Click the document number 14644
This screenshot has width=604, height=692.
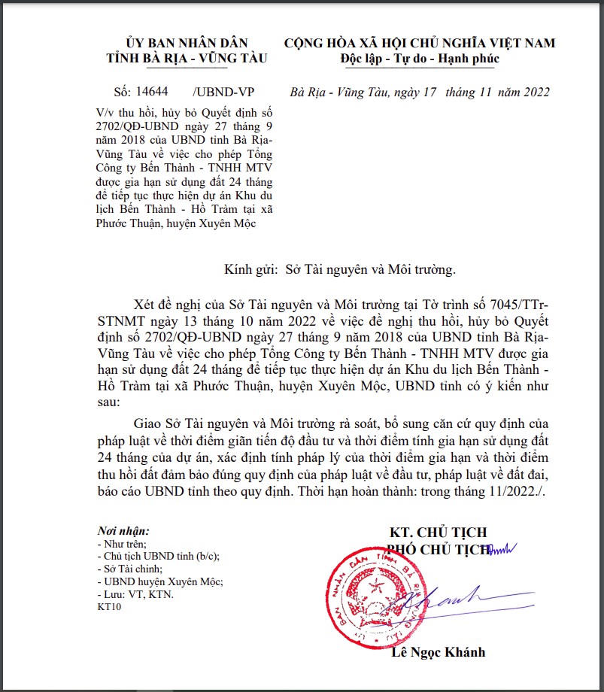click(x=153, y=93)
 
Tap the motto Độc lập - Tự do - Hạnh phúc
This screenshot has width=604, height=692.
click(x=420, y=59)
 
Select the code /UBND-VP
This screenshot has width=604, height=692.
click(x=223, y=93)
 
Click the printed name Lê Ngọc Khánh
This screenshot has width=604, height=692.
click(x=439, y=651)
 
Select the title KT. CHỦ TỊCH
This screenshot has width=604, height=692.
click(x=439, y=533)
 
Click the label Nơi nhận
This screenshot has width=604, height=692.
click(x=123, y=531)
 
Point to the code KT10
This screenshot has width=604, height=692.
click(x=109, y=606)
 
